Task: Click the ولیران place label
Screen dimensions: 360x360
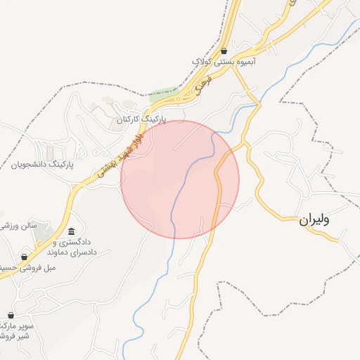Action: click(314, 219)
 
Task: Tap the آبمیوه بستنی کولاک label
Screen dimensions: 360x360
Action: click(224, 62)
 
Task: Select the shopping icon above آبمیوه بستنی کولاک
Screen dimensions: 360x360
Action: click(224, 51)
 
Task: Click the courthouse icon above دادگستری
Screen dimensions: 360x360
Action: click(71, 231)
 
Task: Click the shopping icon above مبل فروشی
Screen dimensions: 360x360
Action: click(25, 257)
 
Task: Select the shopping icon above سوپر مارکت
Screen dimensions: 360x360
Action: click(11, 315)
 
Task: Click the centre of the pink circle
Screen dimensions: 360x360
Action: click(180, 180)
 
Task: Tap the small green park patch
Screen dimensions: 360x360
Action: click(163, 94)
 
